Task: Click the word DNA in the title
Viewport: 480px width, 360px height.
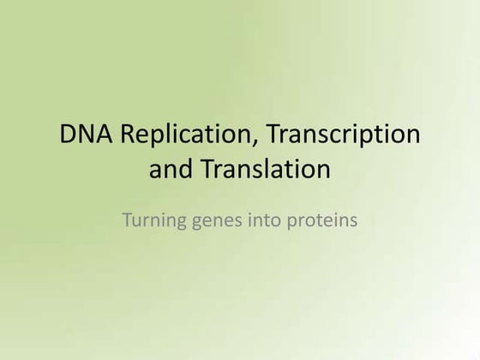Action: (82, 135)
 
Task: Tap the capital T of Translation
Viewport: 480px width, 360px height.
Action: (205, 170)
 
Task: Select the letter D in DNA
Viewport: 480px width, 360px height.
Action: (68, 135)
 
